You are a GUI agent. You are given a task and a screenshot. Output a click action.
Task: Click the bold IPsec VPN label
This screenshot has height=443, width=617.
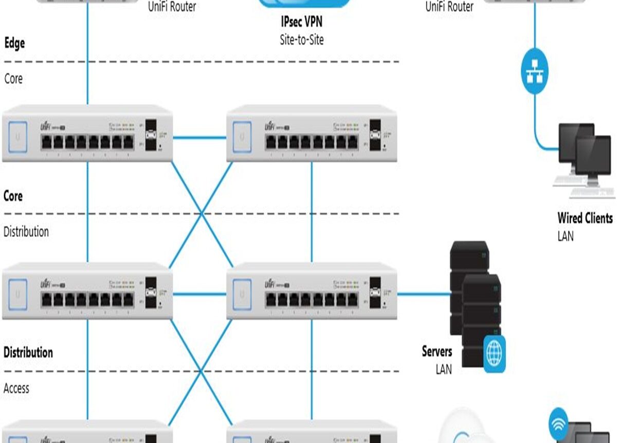302,22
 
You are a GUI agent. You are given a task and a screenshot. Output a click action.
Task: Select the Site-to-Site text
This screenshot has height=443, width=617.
302,39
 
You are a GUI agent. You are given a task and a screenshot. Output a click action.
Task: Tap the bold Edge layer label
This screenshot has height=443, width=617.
14,43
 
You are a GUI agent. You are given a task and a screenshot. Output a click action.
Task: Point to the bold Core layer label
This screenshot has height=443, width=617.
13,196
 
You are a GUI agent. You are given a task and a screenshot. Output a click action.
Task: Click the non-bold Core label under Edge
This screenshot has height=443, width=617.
13,79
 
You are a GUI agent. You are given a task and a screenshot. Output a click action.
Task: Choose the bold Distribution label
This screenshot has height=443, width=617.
28,353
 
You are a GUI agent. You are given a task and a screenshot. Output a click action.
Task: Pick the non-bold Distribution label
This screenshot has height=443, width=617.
26,232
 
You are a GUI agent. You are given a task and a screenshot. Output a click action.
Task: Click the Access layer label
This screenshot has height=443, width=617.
16,388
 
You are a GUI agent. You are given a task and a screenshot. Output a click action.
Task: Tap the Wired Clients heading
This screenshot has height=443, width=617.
585,218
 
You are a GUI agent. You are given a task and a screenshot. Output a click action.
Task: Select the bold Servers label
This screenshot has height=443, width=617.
437,352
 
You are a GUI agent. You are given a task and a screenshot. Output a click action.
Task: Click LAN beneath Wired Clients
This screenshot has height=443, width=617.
566,236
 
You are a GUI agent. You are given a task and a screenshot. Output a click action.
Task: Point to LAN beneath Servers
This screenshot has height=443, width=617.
443,369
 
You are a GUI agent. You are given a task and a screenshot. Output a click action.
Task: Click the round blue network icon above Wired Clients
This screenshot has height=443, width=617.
534,72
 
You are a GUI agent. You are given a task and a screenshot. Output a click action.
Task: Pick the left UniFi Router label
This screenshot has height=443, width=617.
172,7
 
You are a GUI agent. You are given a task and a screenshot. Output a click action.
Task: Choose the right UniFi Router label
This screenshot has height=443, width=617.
449,7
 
